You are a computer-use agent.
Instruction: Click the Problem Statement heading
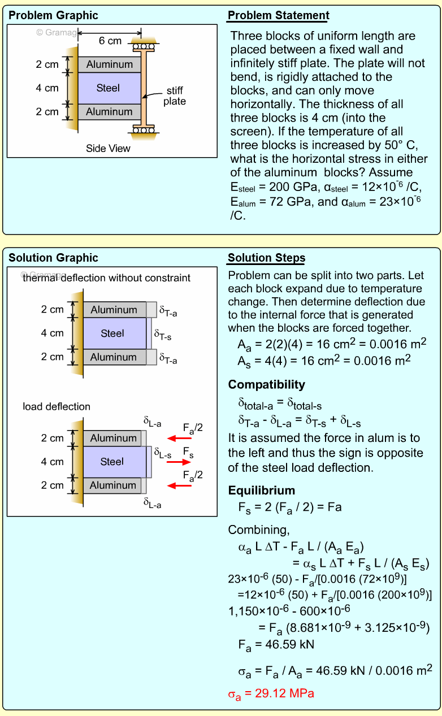click(278, 15)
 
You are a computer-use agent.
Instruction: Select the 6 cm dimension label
click(110, 41)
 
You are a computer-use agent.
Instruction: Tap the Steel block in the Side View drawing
click(109, 88)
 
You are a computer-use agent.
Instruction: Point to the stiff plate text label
click(175, 96)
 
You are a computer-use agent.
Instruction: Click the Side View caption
click(108, 149)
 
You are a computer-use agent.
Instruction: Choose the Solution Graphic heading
click(53, 258)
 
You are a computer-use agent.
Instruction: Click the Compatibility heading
click(266, 385)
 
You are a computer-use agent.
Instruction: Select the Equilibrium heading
click(262, 491)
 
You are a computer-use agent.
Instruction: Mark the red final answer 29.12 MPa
click(271, 693)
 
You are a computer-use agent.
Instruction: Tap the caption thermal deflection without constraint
click(106, 277)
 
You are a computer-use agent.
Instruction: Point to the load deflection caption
click(57, 406)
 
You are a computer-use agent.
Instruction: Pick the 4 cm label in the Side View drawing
click(47, 88)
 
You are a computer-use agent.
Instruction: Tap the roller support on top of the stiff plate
click(144, 45)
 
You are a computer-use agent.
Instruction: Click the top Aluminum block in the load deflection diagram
click(113, 438)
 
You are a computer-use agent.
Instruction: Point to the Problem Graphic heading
click(53, 15)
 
